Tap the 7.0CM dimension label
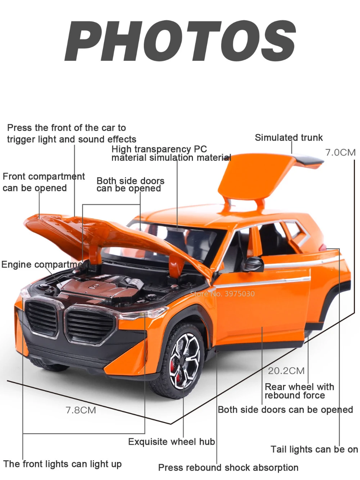point(340,152)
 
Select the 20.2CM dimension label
point(286,371)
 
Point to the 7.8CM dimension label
point(81,410)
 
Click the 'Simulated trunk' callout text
point(289,138)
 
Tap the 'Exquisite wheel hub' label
point(171,442)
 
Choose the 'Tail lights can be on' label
point(314,449)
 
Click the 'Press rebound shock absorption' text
point(228,467)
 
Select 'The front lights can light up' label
point(63,464)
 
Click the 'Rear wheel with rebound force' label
point(299,391)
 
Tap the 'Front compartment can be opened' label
point(44,182)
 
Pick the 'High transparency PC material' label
point(171,153)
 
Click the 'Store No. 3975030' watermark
point(222,293)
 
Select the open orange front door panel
point(263,310)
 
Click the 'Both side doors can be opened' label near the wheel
point(285,410)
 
